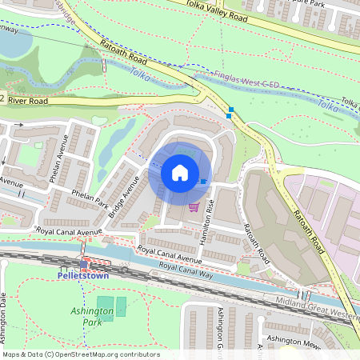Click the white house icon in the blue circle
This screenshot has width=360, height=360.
[x=179, y=173]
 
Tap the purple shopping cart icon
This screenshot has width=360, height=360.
[x=194, y=206]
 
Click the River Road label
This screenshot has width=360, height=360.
[x=28, y=102]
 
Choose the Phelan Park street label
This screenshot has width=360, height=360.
[x=90, y=198]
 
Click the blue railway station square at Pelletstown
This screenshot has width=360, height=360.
[x=84, y=265]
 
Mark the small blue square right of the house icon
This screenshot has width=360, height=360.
[x=203, y=182]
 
